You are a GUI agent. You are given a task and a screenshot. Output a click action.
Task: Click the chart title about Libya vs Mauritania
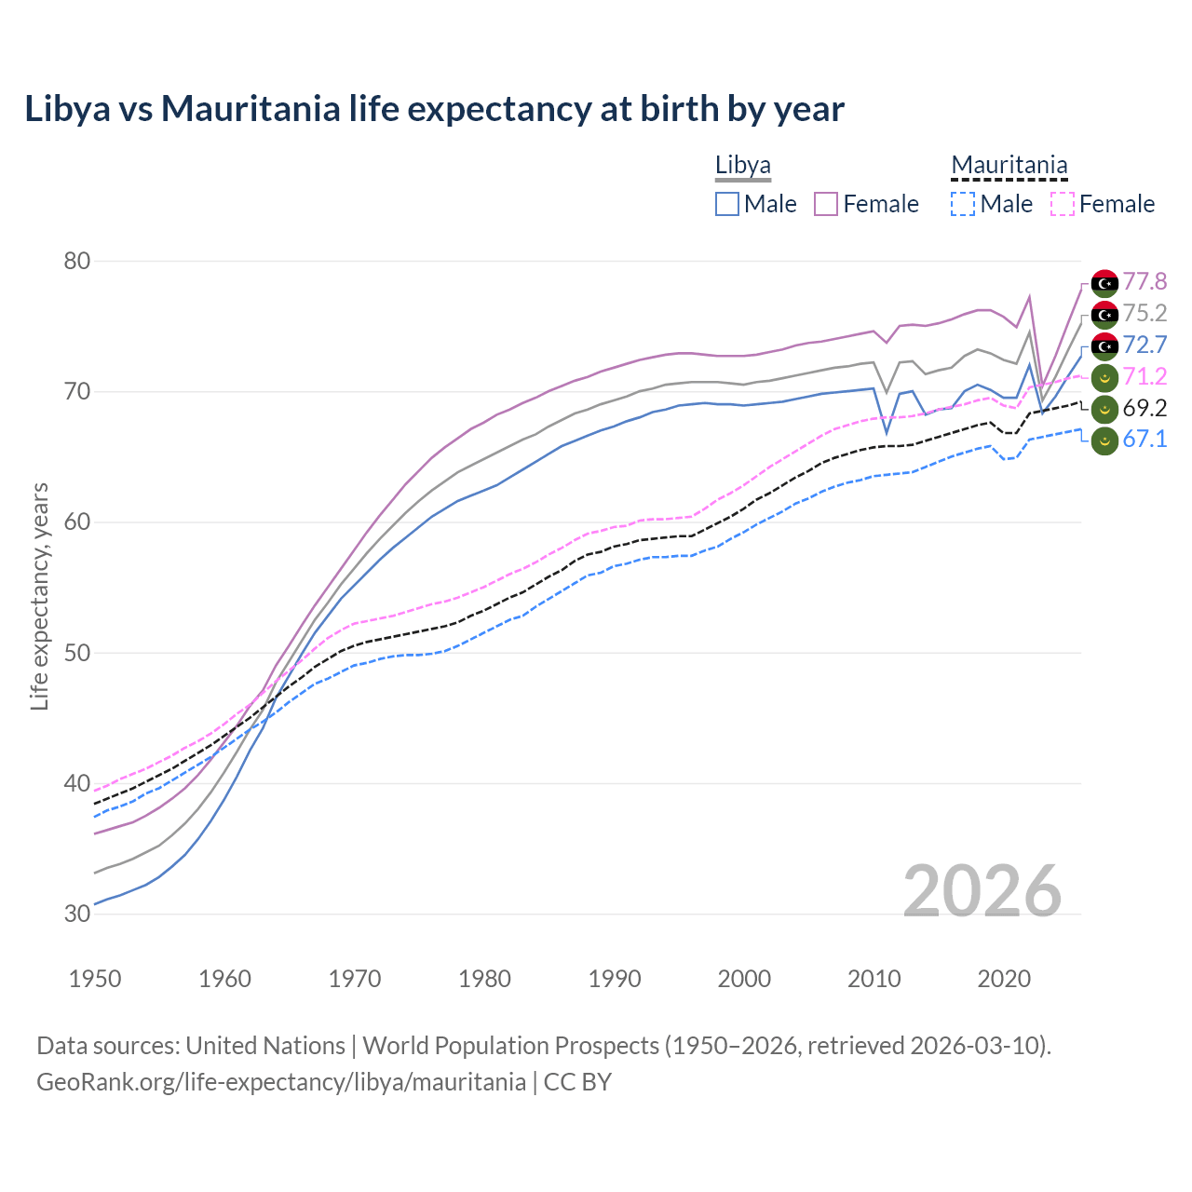point(434,109)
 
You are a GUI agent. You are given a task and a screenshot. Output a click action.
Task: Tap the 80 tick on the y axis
point(77,261)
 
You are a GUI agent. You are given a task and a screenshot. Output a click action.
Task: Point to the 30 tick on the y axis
point(77,914)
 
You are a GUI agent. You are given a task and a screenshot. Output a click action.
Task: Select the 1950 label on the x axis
point(95,979)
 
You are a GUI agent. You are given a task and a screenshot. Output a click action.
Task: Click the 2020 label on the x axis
point(1004,979)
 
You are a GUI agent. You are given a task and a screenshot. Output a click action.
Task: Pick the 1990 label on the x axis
point(615,979)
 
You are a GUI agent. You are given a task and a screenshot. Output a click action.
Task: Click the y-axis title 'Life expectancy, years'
point(39,596)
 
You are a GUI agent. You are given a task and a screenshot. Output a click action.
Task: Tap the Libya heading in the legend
point(742,165)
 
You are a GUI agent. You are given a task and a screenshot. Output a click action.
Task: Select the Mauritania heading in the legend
point(1009,165)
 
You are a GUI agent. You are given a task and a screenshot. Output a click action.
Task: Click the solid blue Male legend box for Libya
point(727,204)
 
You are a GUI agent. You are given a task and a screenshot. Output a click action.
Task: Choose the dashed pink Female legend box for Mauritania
point(1063,204)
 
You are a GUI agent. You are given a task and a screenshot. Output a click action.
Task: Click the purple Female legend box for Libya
point(826,204)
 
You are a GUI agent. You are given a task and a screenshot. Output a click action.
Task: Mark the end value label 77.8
point(1145,281)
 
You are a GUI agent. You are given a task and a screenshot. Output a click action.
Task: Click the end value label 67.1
point(1145,440)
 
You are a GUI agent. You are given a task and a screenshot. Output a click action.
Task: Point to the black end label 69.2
point(1145,408)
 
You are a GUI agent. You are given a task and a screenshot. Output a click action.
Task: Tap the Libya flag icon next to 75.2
point(1104,314)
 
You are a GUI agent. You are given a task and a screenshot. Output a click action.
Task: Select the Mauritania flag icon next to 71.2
point(1104,377)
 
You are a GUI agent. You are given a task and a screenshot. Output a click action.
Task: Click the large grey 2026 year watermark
point(982,891)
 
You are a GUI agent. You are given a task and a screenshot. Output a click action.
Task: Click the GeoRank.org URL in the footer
point(281,1082)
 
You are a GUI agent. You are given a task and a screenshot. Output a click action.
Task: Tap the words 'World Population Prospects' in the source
point(510,1046)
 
